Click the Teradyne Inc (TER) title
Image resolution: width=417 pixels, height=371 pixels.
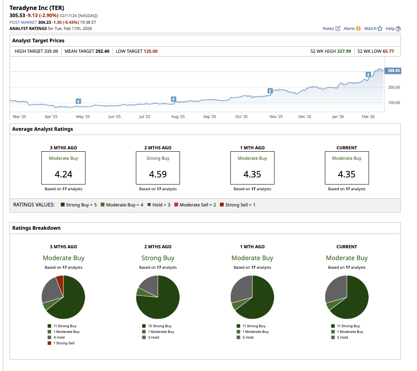pyautogui.click(x=37, y=8)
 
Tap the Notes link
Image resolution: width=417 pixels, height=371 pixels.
pyautogui.click(x=331, y=29)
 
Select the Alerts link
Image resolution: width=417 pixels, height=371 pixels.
pyautogui.click(x=351, y=29)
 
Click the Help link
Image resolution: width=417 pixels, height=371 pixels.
pyautogui.click(x=393, y=29)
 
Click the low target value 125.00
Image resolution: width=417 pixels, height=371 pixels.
pyautogui.click(x=150, y=51)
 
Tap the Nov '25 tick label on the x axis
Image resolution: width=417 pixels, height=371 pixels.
pyautogui.click(x=276, y=116)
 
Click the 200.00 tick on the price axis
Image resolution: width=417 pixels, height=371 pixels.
pyautogui.click(x=394, y=88)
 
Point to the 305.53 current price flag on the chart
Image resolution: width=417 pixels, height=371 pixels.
pyautogui.click(x=394, y=70)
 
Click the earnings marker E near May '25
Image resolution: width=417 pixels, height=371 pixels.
pyautogui.click(x=78, y=101)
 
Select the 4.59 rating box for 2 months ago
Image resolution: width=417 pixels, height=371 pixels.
pyautogui.click(x=158, y=168)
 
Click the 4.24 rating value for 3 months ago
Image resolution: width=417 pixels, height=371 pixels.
pyautogui.click(x=63, y=174)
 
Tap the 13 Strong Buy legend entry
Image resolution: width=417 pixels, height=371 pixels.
pyautogui.click(x=158, y=326)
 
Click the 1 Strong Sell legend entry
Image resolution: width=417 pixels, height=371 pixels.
pyautogui.click(x=64, y=343)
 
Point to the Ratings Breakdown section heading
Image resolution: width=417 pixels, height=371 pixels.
pyautogui.click(x=36, y=228)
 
